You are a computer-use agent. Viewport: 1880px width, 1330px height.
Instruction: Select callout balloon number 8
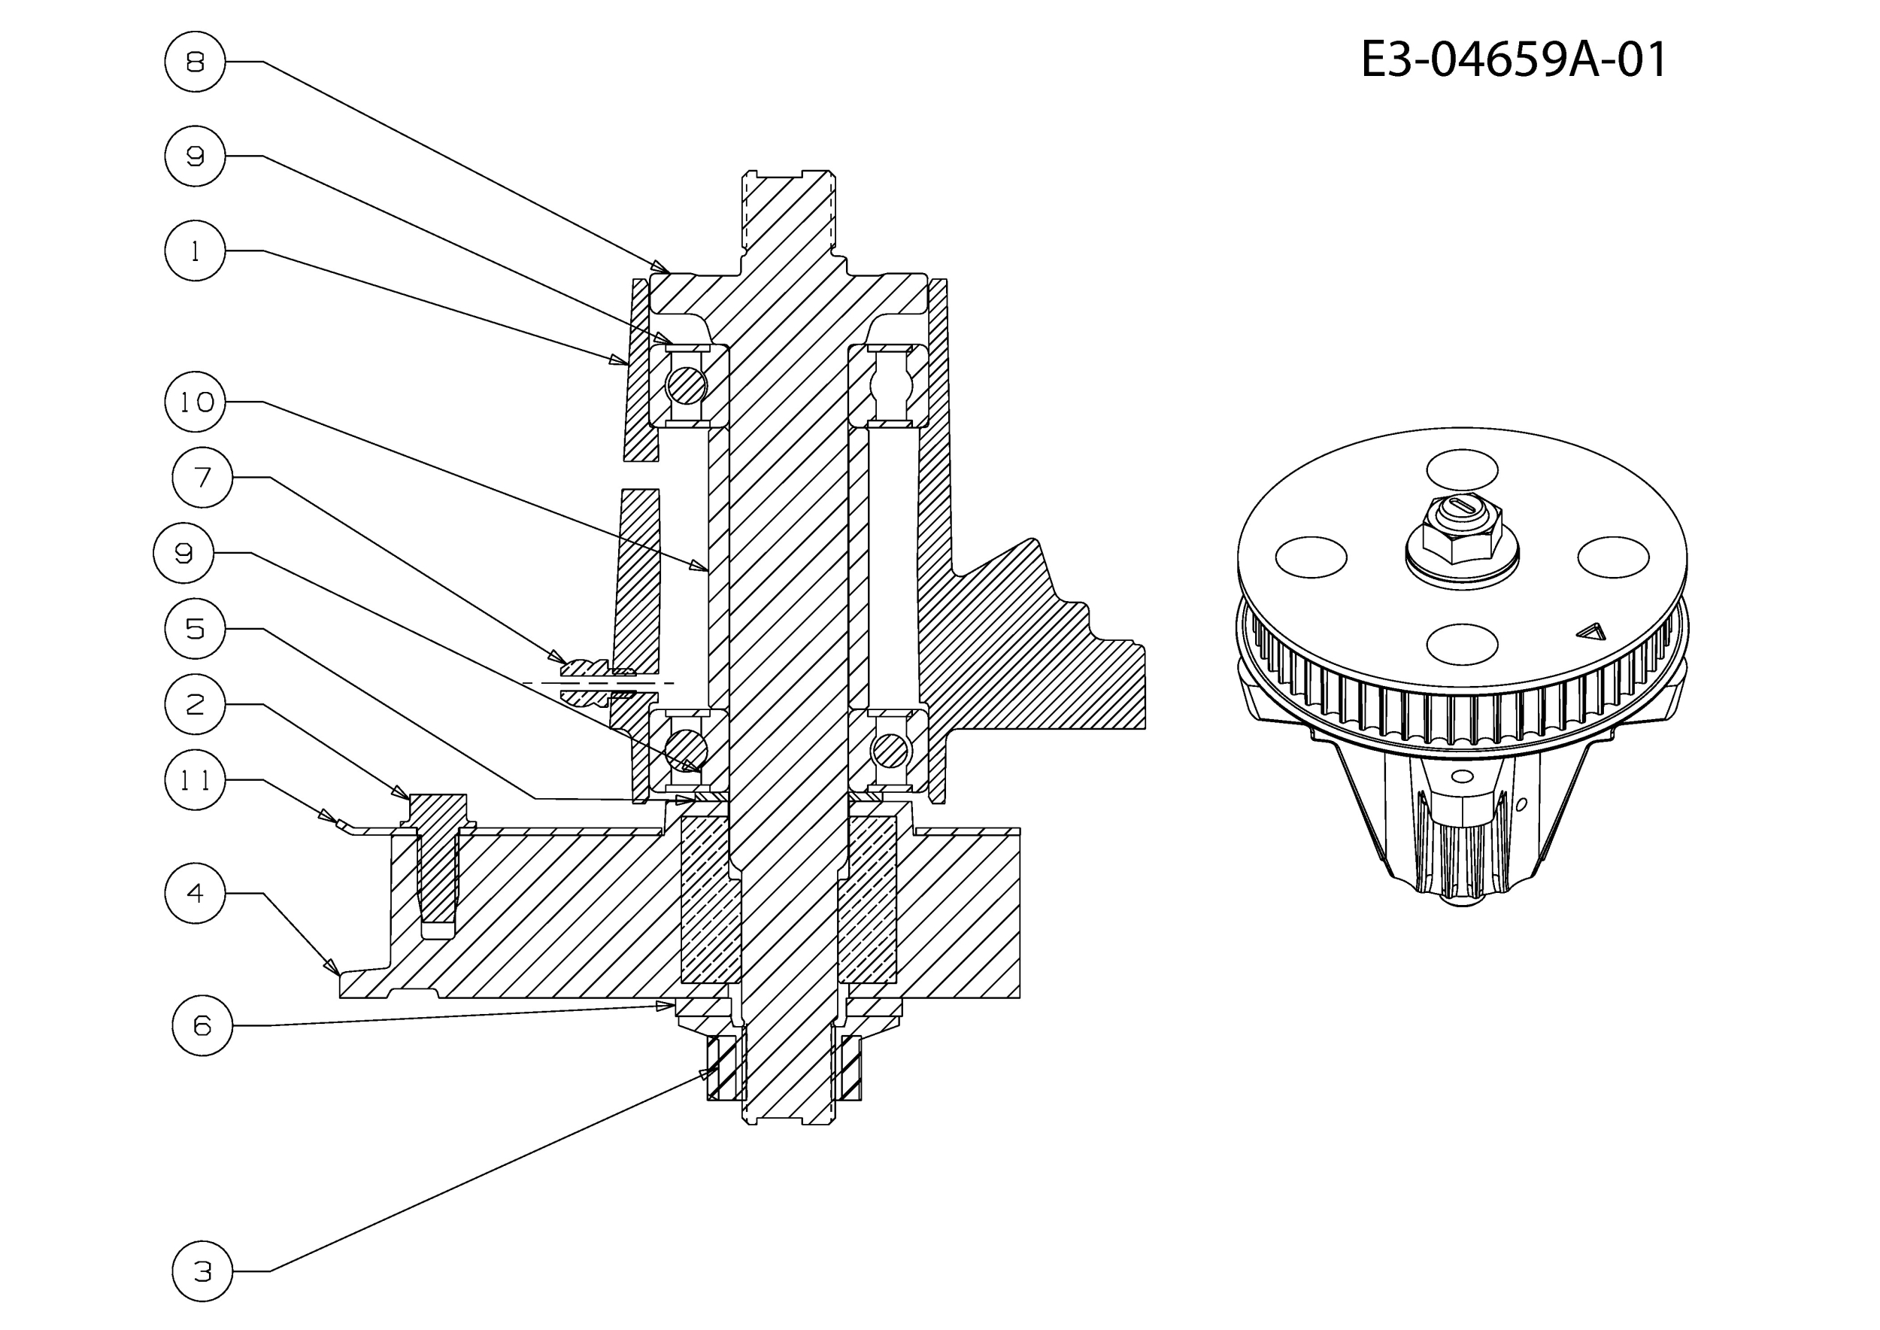(195, 62)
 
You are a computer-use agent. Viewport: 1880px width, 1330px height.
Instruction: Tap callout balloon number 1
(195, 251)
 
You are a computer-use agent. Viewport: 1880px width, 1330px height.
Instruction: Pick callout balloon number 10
(195, 401)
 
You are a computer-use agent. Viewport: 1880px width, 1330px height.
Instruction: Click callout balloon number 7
(202, 478)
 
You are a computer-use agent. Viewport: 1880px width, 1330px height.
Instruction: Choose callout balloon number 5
(195, 628)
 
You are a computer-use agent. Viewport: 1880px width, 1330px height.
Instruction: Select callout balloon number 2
(195, 703)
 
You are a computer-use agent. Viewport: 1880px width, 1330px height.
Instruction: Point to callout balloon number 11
(195, 779)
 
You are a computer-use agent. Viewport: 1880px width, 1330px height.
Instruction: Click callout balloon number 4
(195, 893)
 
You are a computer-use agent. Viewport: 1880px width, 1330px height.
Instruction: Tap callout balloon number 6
(202, 1025)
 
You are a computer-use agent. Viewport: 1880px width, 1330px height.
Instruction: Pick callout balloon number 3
(202, 1271)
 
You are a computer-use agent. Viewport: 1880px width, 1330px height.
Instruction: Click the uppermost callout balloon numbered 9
(195, 156)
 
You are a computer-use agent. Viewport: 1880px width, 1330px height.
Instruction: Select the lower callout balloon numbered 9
(183, 553)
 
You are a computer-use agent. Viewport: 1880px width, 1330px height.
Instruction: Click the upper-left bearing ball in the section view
(686, 385)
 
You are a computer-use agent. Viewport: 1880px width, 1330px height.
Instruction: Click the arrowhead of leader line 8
(661, 266)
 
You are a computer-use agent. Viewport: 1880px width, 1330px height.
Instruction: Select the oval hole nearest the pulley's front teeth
(1463, 644)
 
